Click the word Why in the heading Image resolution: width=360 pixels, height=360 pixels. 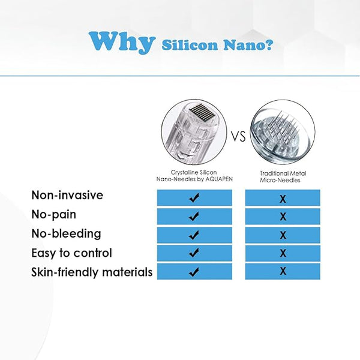[x=122, y=42]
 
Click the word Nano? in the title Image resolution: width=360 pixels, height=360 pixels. [x=248, y=45]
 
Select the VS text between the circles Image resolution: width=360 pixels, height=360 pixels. [x=238, y=136]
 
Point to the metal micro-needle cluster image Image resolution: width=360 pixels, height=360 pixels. [x=283, y=132]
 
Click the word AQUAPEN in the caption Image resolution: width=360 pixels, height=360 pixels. [x=219, y=179]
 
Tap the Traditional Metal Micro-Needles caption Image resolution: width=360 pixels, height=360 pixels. [x=283, y=176]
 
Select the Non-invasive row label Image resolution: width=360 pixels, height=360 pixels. [x=67, y=195]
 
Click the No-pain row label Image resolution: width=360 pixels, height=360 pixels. [x=54, y=215]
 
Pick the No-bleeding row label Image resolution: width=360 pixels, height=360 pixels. [x=66, y=234]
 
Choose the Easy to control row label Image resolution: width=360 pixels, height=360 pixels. [x=71, y=253]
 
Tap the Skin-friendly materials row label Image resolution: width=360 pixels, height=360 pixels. [x=92, y=272]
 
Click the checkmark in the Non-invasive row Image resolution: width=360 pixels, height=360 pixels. [x=194, y=197]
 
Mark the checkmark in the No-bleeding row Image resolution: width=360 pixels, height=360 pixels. [x=194, y=235]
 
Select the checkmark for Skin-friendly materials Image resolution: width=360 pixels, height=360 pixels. [x=194, y=272]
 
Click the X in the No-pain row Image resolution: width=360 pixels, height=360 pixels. [x=283, y=217]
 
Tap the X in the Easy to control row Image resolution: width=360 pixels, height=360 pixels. [x=283, y=253]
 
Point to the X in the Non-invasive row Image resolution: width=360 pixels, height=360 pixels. [x=283, y=199]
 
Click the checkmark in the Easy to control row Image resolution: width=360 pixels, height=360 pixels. [x=194, y=253]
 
